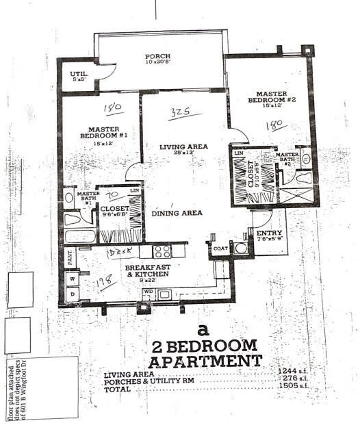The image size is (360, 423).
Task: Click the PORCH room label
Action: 157,57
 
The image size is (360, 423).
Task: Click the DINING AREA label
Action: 177,213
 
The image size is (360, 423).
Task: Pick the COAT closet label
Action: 220,249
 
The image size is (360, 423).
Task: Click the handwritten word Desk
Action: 121,251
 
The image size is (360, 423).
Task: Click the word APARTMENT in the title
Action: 205,360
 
